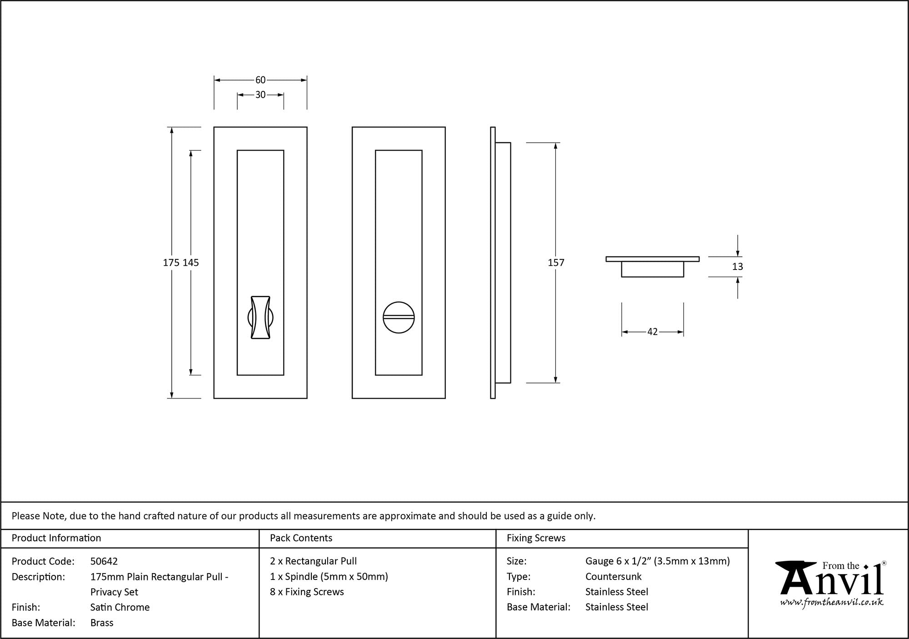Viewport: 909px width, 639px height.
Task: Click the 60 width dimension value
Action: tap(260, 80)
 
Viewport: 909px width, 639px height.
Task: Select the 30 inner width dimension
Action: tap(260, 95)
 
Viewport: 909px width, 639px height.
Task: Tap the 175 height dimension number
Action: tap(171, 263)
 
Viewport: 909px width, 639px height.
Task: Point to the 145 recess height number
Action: tap(191, 263)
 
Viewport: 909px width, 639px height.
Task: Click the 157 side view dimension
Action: tap(556, 263)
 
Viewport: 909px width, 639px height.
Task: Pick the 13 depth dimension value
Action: tap(737, 267)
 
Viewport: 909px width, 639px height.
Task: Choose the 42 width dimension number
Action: tap(652, 332)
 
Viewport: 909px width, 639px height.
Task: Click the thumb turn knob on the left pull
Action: tap(260, 318)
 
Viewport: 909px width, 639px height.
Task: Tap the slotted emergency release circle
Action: tap(399, 317)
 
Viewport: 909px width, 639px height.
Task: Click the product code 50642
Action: tap(104, 561)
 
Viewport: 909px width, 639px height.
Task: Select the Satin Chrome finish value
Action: tap(120, 607)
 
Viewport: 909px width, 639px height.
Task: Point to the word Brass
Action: tap(102, 623)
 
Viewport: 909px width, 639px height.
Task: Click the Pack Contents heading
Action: tap(301, 538)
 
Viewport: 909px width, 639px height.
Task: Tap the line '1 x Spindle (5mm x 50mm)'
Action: tap(329, 577)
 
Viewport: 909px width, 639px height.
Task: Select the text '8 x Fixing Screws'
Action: tap(307, 592)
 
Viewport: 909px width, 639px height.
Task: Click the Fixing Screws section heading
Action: tap(536, 538)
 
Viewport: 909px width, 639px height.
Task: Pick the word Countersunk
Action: tap(613, 577)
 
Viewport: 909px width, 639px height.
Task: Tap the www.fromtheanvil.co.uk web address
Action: tap(832, 603)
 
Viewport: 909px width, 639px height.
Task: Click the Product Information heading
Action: tap(56, 538)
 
